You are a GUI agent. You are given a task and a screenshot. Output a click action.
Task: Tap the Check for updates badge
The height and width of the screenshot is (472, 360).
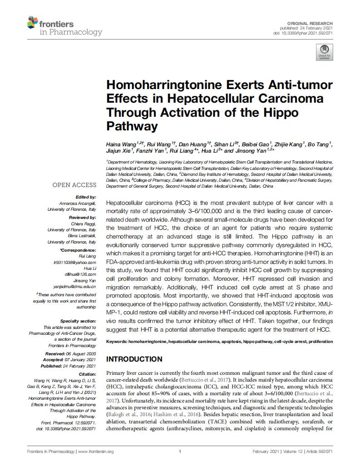tap(324, 52)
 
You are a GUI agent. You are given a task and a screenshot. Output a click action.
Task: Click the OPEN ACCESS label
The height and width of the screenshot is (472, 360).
tap(74, 185)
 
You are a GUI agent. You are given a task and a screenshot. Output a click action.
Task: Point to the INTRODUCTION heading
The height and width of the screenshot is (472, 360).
tap(134, 359)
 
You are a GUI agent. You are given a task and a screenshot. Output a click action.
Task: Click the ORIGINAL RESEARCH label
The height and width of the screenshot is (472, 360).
tap(311, 23)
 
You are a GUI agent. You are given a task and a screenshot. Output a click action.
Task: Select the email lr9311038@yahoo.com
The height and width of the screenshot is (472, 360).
tap(75, 263)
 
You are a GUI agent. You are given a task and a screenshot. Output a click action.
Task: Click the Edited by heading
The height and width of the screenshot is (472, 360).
tap(86, 197)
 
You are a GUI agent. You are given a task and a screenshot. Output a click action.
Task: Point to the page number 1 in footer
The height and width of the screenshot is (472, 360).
tap(180, 452)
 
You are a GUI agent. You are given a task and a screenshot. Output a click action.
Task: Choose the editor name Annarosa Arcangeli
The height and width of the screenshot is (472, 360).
tap(78, 203)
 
